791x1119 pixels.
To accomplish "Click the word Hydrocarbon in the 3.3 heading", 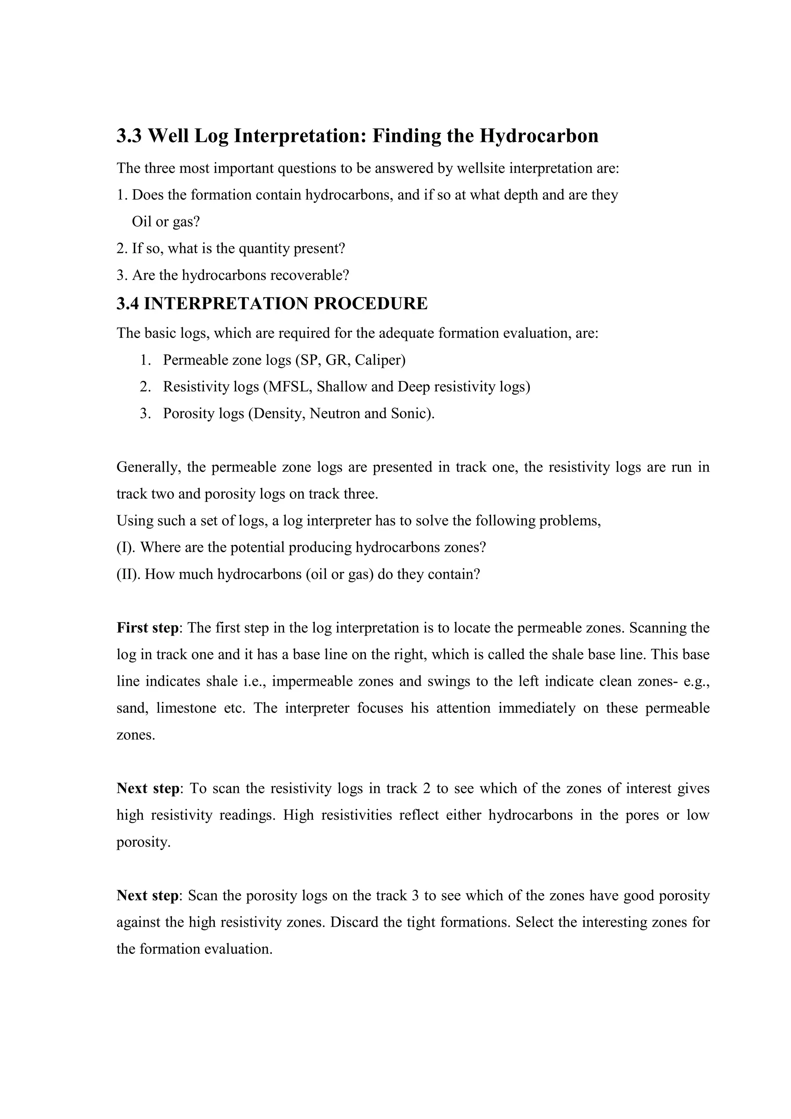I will (539, 136).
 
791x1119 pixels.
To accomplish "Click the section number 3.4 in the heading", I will (128, 303).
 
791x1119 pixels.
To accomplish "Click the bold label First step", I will (147, 628).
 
